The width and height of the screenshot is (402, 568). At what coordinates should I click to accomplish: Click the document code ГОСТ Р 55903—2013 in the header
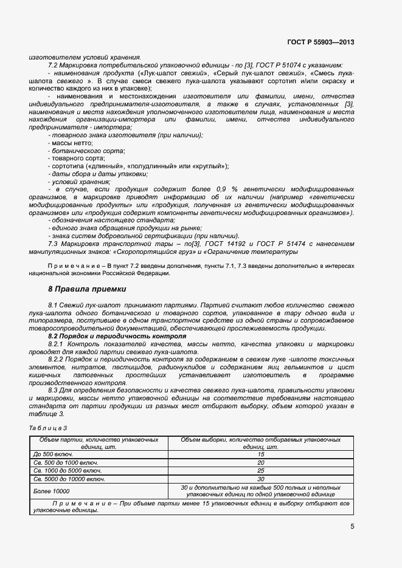tap(320, 43)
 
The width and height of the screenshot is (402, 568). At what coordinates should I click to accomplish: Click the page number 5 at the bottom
tap(352, 526)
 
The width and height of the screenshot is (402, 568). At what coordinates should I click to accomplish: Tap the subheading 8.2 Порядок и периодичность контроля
tap(117, 336)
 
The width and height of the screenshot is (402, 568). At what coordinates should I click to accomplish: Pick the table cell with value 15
tap(260, 454)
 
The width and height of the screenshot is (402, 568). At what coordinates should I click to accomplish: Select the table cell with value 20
tap(260, 462)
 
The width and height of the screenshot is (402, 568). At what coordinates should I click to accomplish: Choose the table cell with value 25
tap(260, 470)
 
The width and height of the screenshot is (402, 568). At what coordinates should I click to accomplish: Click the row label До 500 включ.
tap(54, 454)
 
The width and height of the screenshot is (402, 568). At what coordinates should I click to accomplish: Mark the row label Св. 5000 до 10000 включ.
tap(69, 479)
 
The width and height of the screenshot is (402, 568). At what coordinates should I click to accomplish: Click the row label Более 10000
tap(52, 490)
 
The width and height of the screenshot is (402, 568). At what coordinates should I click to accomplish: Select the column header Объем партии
tap(99, 442)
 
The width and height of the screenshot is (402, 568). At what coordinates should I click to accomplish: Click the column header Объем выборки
tap(260, 442)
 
